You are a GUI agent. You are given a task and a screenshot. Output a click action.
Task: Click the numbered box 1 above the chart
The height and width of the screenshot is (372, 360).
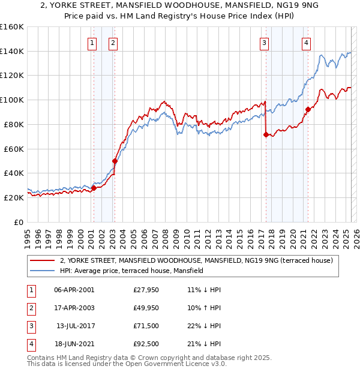92,43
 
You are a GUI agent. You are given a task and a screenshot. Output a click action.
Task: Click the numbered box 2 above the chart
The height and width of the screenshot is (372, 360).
113,43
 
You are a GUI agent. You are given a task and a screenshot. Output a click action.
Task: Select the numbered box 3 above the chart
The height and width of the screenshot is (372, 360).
264,43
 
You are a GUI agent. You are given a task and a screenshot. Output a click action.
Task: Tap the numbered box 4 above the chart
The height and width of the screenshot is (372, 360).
306,43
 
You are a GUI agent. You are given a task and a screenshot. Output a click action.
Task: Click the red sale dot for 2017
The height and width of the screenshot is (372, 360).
266,134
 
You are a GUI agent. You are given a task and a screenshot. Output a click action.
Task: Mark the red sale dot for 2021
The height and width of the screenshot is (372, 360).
308,109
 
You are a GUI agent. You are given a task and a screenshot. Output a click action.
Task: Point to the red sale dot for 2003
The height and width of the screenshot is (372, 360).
115,161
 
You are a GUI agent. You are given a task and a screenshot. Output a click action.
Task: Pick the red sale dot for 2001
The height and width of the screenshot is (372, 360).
94,188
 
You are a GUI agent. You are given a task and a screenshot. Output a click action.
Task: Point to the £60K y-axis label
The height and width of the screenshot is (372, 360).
13,149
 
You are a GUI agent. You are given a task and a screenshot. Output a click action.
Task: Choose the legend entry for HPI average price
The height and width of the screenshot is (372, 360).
131,271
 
